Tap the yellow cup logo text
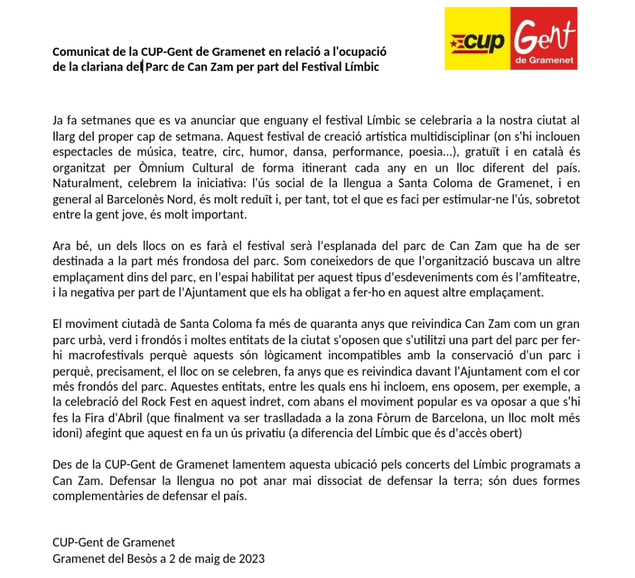(x=485, y=42)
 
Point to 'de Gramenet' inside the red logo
(x=544, y=62)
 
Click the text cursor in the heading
(x=143, y=66)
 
